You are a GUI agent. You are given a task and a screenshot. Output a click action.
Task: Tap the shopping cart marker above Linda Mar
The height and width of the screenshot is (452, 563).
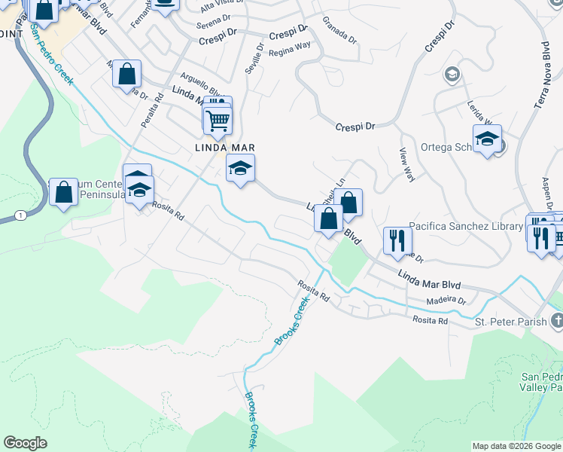click(218, 120)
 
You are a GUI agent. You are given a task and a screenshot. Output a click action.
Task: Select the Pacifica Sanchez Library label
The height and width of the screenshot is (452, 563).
click(466, 226)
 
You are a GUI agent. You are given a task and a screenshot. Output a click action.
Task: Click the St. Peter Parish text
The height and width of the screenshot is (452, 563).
click(510, 322)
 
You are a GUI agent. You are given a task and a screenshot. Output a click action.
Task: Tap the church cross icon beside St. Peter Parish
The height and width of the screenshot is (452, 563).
click(556, 322)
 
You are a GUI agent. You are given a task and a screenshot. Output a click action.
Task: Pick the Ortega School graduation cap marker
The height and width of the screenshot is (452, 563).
click(487, 139)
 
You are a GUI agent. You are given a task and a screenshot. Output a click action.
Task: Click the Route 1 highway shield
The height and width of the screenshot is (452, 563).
click(20, 215)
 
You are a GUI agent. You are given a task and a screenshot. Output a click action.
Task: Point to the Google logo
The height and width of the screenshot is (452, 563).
click(25, 443)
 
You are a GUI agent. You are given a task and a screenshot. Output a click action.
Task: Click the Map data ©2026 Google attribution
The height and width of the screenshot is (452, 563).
click(516, 446)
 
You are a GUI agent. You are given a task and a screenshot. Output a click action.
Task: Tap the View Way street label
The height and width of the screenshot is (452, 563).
click(407, 165)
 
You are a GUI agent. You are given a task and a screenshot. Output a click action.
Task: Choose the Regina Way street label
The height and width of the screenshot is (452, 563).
click(290, 49)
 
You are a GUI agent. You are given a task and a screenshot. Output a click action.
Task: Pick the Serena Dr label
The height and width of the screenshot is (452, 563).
click(213, 25)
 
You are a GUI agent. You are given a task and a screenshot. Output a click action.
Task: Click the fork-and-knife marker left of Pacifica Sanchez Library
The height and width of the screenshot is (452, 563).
click(397, 241)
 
